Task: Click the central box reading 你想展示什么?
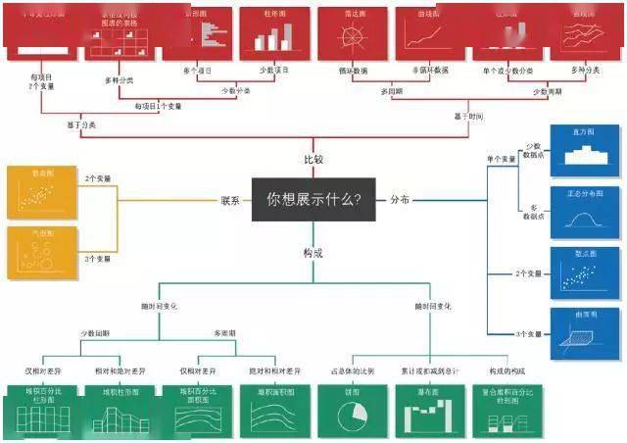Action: click(313, 201)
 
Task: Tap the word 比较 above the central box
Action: click(313, 159)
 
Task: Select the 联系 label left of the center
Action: click(231, 200)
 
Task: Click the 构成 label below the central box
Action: click(313, 253)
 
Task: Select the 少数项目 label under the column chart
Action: click(273, 71)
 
